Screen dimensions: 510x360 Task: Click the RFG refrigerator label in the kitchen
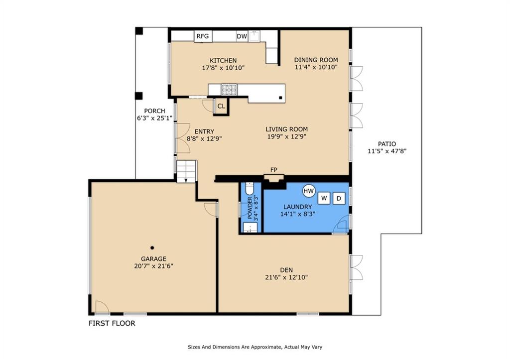point(203,36)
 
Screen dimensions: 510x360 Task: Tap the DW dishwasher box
point(242,36)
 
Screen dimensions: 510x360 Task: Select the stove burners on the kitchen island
point(229,90)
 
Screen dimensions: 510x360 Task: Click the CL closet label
point(221,107)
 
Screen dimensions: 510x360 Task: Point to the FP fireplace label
point(274,170)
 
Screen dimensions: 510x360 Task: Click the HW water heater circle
point(309,191)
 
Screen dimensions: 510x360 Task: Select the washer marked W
point(324,198)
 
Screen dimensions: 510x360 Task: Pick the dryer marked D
point(339,198)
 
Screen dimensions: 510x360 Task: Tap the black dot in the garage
point(152,248)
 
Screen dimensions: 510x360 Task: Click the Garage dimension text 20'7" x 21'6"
point(153,266)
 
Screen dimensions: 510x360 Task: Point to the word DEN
point(286,270)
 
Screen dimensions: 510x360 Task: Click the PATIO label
point(387,144)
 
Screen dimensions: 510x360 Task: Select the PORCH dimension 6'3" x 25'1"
point(154,118)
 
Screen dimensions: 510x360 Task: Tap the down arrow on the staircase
point(186,179)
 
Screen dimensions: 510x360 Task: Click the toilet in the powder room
point(250,188)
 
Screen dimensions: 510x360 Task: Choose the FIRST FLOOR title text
point(112,323)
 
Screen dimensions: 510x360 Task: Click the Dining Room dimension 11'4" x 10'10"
point(316,67)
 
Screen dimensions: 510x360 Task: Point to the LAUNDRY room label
point(298,207)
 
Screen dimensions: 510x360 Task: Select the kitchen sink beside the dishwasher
point(255,36)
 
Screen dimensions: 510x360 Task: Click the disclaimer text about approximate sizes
point(255,347)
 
